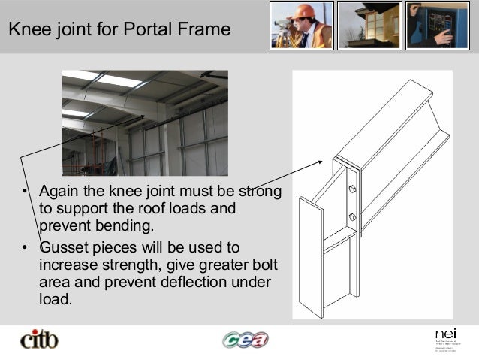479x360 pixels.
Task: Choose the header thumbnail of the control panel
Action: (x=436, y=26)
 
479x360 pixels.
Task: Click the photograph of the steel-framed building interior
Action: (x=145, y=123)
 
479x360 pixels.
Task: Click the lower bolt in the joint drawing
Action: (x=351, y=218)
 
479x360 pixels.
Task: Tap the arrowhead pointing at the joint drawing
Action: (x=322, y=161)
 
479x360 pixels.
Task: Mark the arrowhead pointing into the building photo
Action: (x=143, y=116)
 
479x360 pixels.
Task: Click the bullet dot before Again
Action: (x=25, y=192)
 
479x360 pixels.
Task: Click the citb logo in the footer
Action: (x=38, y=340)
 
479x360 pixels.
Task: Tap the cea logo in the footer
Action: (x=245, y=340)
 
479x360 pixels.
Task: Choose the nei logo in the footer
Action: (x=444, y=334)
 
